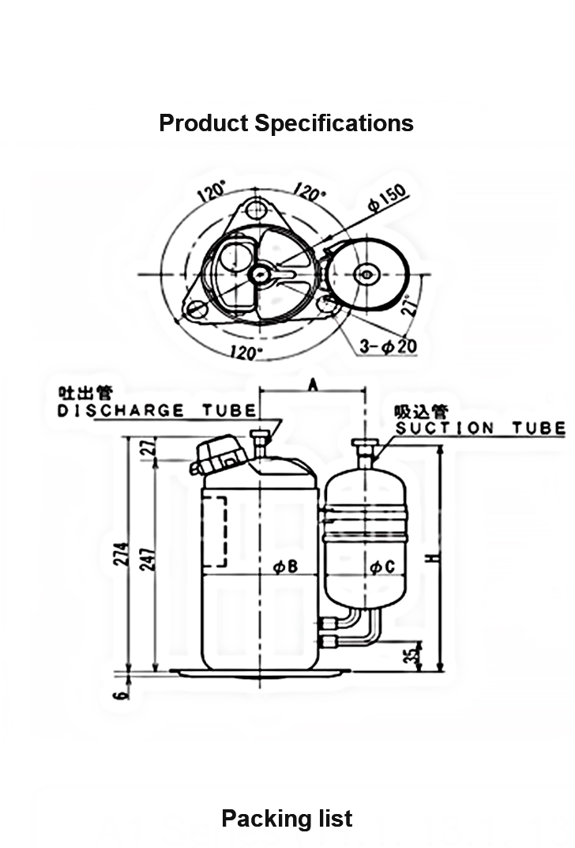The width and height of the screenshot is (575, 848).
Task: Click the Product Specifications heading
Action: coord(287,123)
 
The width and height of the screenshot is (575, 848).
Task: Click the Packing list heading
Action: coord(287,819)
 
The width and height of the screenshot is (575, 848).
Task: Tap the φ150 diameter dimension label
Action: coord(388,198)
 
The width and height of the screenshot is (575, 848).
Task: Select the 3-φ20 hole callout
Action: coord(389,345)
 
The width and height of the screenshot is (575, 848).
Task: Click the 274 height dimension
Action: coord(122,554)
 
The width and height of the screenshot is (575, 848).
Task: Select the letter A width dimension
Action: coord(313,385)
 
